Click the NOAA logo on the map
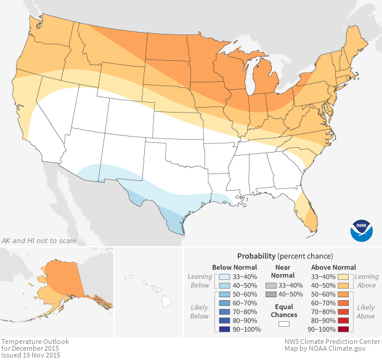pyautogui.click(x=362, y=230)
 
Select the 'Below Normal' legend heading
pyautogui.click(x=234, y=267)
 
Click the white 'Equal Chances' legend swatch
pyautogui.click(x=284, y=323)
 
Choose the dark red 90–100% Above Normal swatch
pyautogui.click(x=344, y=330)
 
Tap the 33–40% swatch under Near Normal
pyautogui.click(x=271, y=286)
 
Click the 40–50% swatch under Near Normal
pyautogui.click(x=271, y=295)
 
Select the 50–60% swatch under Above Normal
pyautogui.click(x=344, y=295)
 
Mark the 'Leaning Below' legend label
pyautogui.click(x=199, y=281)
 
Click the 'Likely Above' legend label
pyautogui.click(x=365, y=311)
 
